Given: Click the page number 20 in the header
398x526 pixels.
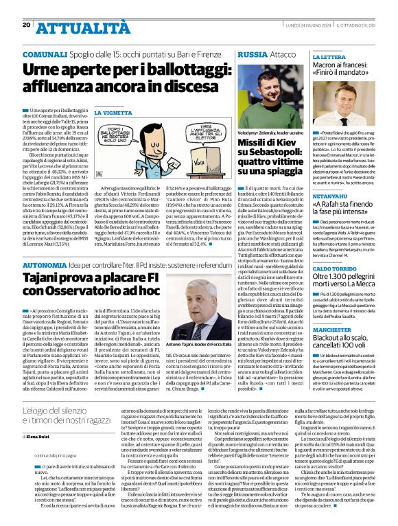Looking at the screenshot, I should pyautogui.click(x=26, y=25).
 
